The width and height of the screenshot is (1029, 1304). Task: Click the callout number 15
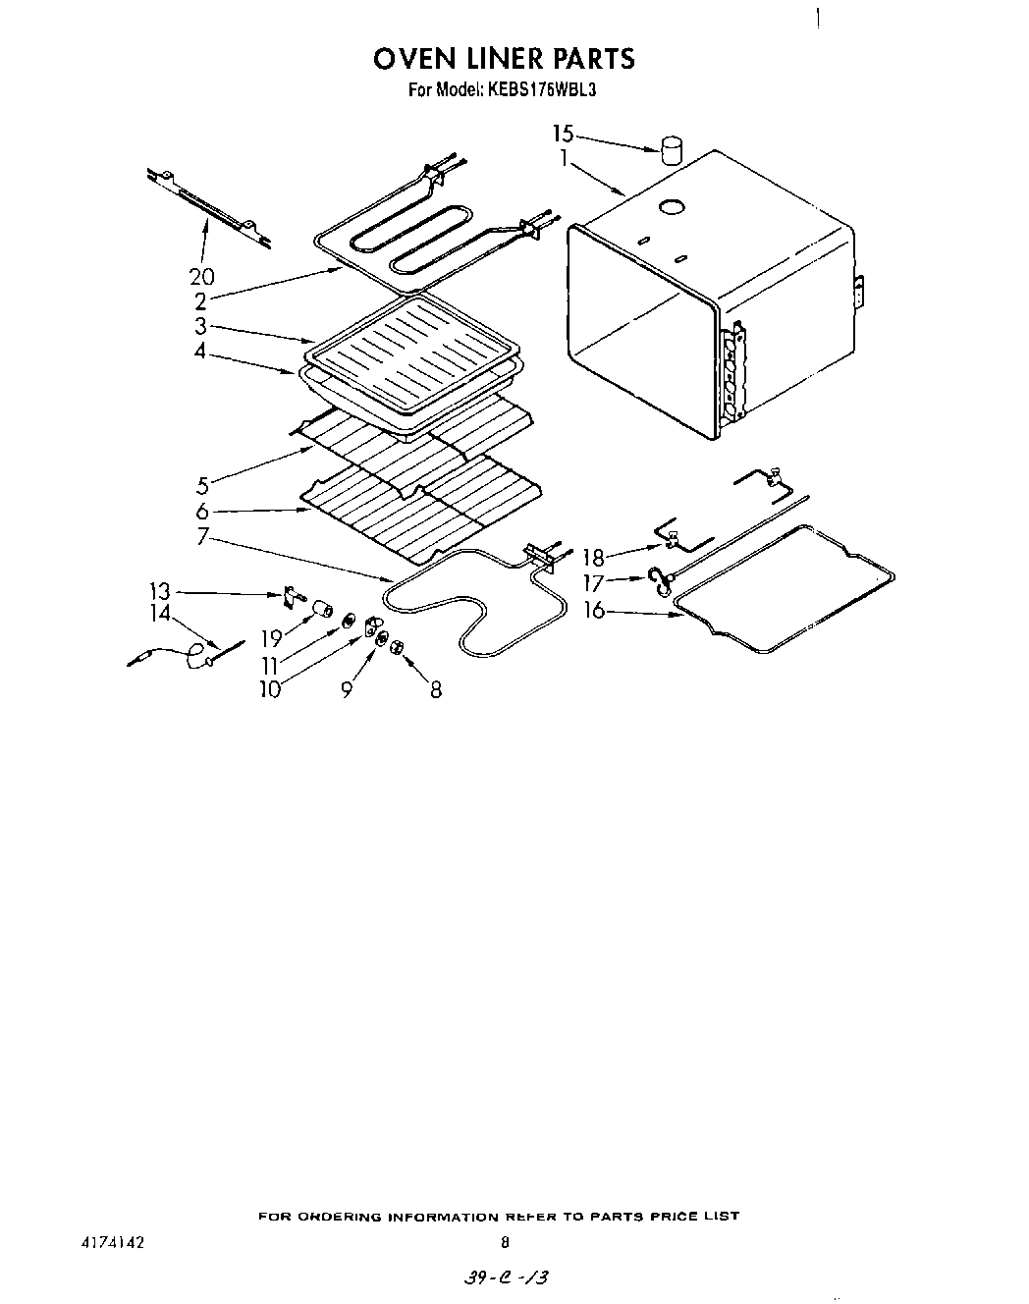[x=562, y=133]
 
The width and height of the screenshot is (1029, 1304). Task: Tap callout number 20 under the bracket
[x=202, y=277]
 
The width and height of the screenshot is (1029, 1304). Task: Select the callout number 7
[x=202, y=536]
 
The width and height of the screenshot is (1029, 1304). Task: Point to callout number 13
[x=159, y=591]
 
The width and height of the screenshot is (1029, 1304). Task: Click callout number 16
[x=594, y=611]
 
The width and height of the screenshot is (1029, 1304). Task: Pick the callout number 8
[x=435, y=690]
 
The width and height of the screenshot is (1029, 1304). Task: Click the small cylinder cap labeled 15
[x=671, y=150]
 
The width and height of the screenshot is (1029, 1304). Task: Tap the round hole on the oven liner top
[x=673, y=207]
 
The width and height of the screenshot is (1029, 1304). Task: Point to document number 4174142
[x=113, y=1241]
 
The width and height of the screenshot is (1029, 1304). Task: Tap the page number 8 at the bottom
[x=505, y=1241]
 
